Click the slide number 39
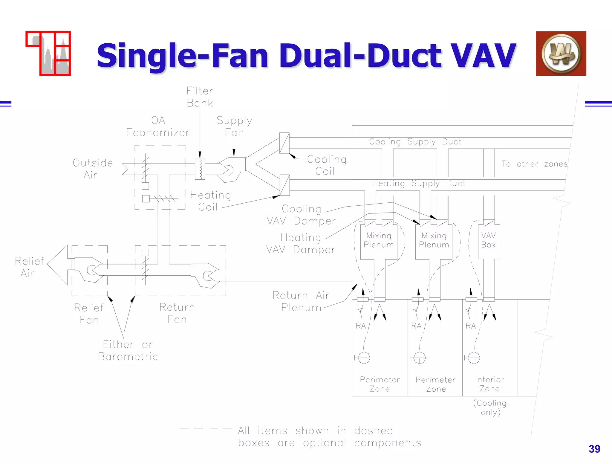coord(594,449)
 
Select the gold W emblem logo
coord(561,54)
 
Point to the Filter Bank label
coord(200,97)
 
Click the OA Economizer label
coord(158,126)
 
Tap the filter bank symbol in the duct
coord(200,169)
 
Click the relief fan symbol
coord(89,270)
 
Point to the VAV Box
coord(489,240)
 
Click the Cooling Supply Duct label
coord(415,142)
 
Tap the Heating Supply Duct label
coord(419,183)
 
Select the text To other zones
coord(534,164)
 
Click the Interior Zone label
coord(489,384)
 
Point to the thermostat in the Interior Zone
coord(474,358)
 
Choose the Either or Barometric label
coord(128,350)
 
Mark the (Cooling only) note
coord(490,407)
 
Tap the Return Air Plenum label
coord(301,301)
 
